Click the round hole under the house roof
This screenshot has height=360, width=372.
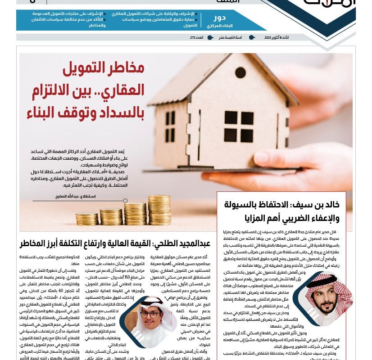tap(240, 72)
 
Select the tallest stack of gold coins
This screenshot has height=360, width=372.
tap(159, 210)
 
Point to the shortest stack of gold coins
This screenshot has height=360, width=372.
tap(86, 219)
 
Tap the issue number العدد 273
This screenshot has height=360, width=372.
tap(197, 37)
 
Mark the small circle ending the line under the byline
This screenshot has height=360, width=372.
tap(125, 201)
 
